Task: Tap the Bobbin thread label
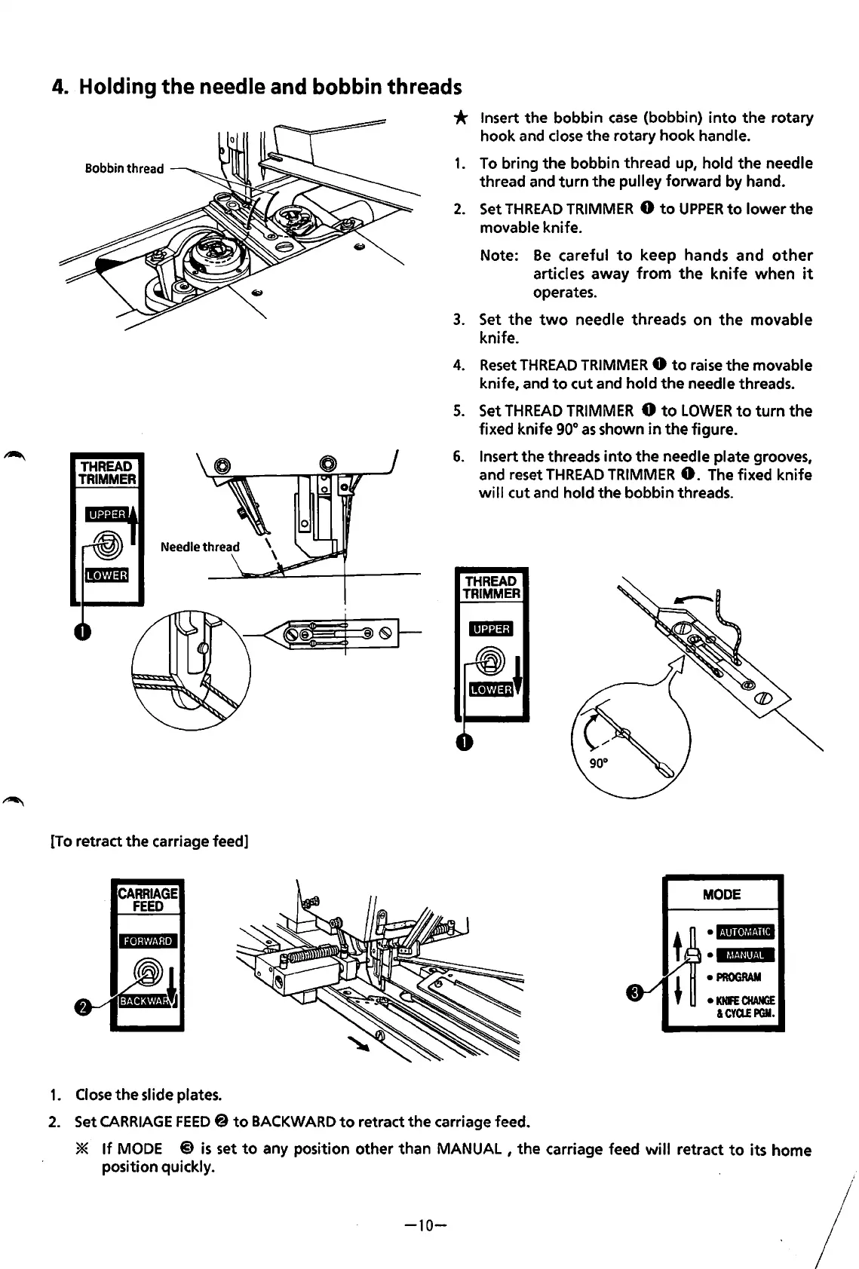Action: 124,168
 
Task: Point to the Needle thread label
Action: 200,547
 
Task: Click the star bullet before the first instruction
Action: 462,118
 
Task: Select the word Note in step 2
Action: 498,256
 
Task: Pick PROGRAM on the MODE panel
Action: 738,977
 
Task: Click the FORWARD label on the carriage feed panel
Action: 148,941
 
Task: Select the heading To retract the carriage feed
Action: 149,840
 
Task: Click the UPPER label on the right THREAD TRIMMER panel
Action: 491,629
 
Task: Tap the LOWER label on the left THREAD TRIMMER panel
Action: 106,575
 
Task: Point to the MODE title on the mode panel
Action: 721,894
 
